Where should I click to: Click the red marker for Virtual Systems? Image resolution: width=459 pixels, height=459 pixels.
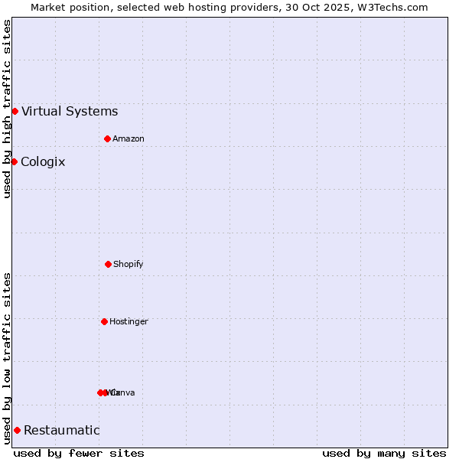[x=15, y=111]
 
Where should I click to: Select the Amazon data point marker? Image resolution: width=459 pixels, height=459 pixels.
[x=107, y=138]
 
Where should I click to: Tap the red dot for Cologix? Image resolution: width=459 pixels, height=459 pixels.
[x=14, y=161]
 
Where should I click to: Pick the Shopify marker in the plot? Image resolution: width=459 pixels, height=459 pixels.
[x=108, y=264]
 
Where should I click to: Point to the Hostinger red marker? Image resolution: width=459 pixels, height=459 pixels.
[x=104, y=321]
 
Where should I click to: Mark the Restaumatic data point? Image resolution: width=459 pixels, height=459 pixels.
[x=17, y=430]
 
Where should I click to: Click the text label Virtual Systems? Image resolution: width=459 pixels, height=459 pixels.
[x=70, y=111]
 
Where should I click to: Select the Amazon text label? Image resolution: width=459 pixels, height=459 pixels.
[x=129, y=138]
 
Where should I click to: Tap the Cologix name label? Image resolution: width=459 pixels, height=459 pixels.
[x=43, y=161]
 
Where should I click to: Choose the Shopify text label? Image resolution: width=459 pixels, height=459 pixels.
[x=129, y=264]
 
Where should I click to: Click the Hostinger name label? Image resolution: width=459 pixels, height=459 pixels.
[x=129, y=321]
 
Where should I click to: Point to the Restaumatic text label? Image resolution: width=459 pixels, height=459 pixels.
[x=62, y=430]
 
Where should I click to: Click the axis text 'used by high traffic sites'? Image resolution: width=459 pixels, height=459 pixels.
[x=7, y=109]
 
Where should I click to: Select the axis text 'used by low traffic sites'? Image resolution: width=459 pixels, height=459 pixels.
[x=7, y=358]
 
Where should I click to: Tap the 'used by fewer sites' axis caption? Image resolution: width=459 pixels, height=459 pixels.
[x=79, y=453]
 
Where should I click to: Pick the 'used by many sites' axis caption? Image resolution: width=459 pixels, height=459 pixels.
[x=384, y=453]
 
